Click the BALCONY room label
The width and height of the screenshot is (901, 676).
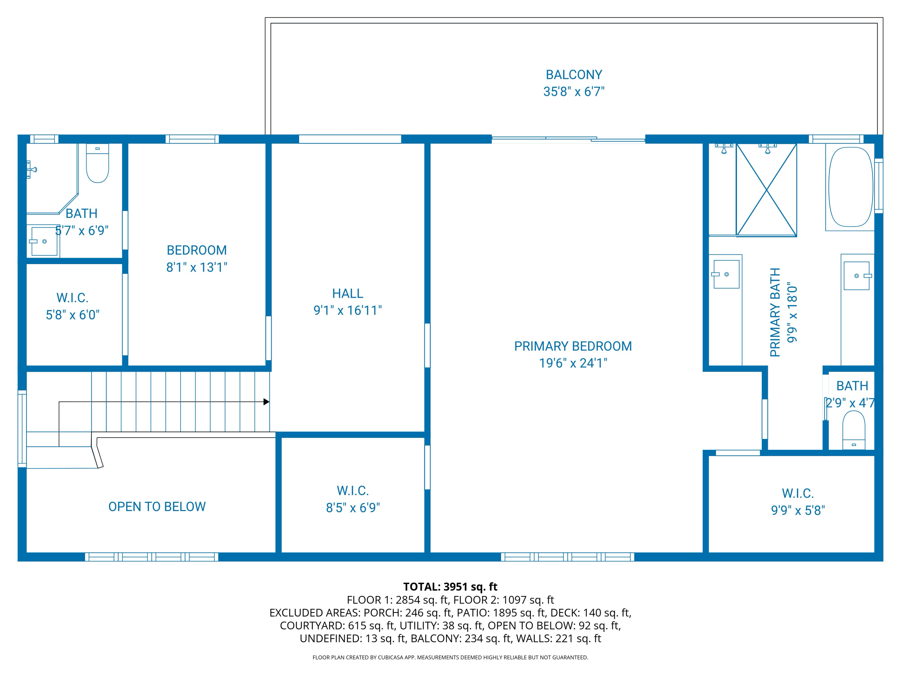(x=574, y=75)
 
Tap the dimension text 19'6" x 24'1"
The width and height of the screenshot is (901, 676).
(x=573, y=363)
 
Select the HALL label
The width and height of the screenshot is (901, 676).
(x=347, y=293)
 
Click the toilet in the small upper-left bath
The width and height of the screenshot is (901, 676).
(x=97, y=164)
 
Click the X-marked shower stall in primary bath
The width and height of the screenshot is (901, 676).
(x=766, y=190)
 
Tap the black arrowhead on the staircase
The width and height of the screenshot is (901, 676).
(x=266, y=402)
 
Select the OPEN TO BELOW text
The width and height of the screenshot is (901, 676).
(x=157, y=507)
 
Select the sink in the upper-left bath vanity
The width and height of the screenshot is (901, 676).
(x=44, y=242)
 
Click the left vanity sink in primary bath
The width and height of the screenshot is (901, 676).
(x=726, y=274)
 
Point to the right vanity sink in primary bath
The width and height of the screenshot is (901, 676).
(x=856, y=276)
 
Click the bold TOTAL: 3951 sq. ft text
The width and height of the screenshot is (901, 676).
(x=450, y=587)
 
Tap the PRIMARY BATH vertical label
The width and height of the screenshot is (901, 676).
(x=775, y=312)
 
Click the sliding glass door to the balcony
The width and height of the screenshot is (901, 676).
(x=568, y=139)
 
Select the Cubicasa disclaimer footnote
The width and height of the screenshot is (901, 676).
(x=450, y=657)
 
